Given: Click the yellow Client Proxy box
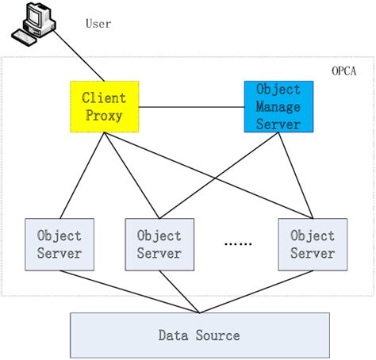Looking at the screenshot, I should coord(104,106).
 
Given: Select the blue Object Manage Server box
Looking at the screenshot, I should coord(278,106).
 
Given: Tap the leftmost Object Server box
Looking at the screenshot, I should coord(59,243).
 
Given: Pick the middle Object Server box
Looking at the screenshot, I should coord(159,243).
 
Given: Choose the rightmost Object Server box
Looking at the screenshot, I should coord(312,243).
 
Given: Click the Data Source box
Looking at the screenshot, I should coord(199,335).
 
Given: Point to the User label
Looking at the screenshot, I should coord(98,24).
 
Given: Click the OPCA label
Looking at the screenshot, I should coord(344,71).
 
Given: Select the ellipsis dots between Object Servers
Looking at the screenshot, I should coord(236,245).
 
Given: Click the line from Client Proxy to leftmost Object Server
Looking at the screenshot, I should coord(82,174).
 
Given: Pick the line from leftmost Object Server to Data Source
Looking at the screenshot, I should coord(127,289).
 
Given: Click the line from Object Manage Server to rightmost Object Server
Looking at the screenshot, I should coord(293,174).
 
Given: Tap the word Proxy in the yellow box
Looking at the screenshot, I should coord(104,116).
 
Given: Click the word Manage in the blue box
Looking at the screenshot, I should coord(278,106).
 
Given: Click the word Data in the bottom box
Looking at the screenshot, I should coord(174,335).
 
